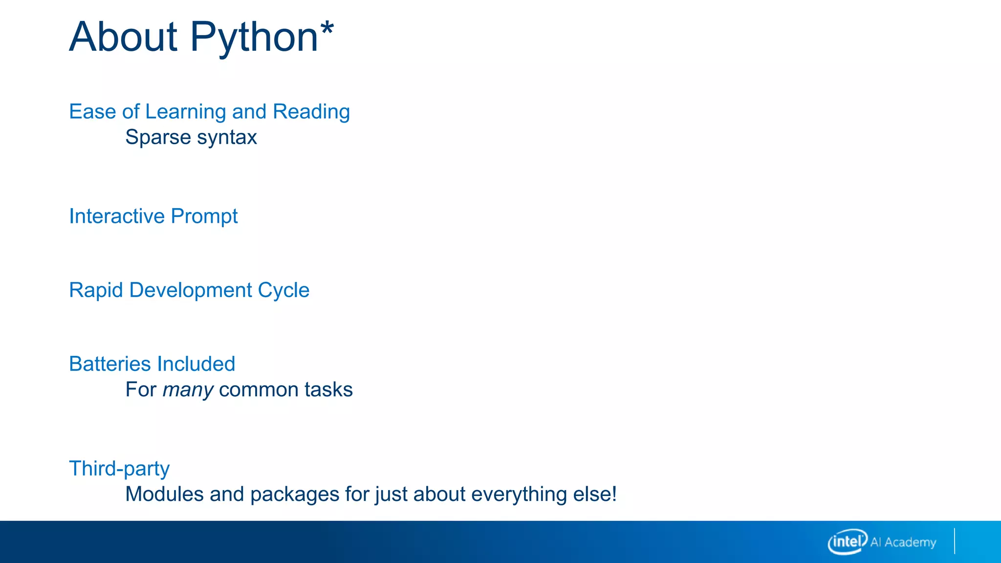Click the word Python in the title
[254, 38]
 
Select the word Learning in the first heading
[186, 112]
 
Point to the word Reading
[311, 112]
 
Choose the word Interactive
[117, 216]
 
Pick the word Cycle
[283, 291]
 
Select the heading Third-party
[119, 469]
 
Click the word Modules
[164, 494]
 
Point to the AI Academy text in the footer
[903, 542]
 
